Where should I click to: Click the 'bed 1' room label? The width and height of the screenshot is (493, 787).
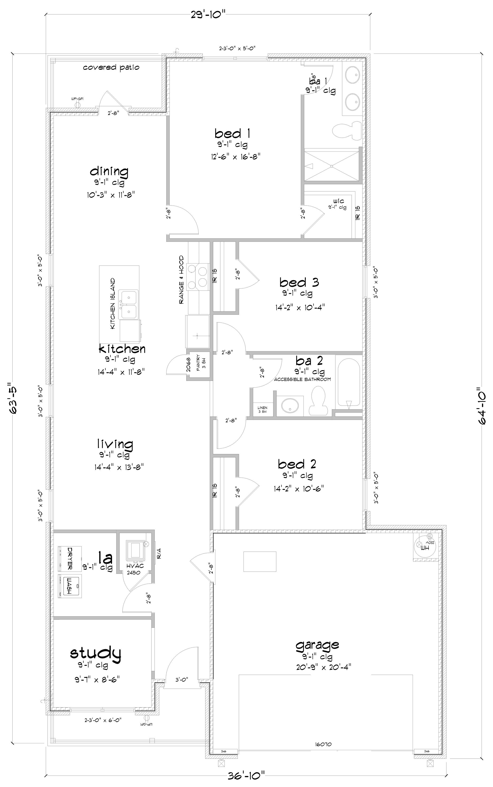233,133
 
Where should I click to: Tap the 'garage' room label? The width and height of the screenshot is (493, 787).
317,645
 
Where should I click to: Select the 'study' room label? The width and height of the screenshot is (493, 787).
96,653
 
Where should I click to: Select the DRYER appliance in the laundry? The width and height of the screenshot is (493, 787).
70,559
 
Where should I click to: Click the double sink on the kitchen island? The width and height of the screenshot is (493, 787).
129,305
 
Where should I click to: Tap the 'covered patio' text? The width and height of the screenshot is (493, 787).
111,67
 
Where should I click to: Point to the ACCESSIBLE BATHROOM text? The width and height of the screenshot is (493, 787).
302,379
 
